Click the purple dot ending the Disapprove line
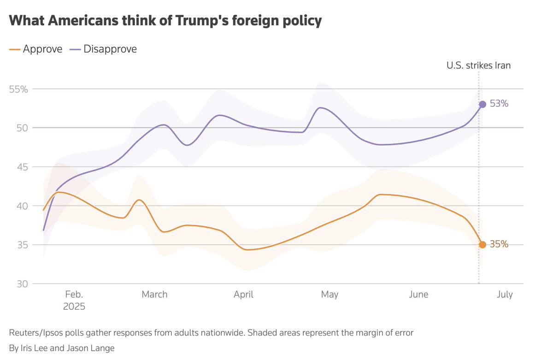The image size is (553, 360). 482,104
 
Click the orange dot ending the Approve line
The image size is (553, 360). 482,245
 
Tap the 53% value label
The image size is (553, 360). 499,104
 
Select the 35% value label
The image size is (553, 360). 499,245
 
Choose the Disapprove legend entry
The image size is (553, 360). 103,49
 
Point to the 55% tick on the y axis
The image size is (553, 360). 19,89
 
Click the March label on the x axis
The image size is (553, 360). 154,295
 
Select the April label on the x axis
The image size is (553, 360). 243,295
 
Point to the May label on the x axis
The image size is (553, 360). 329,295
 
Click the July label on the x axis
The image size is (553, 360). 505,295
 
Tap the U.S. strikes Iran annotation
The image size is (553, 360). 478,65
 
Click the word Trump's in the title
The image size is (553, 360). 189,21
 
